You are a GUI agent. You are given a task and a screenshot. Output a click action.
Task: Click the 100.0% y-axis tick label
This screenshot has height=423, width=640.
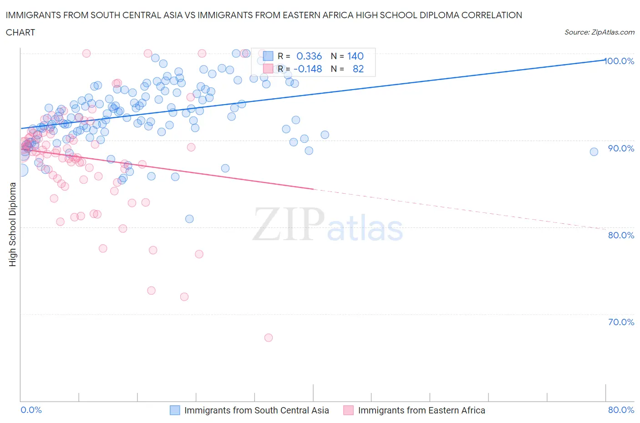tap(620, 61)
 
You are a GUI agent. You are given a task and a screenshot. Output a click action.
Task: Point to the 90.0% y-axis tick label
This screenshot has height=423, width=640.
tap(621, 148)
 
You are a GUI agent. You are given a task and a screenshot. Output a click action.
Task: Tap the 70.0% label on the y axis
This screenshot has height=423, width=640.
tap(621, 322)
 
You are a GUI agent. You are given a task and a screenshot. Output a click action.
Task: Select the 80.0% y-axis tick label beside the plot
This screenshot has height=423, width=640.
tap(621, 235)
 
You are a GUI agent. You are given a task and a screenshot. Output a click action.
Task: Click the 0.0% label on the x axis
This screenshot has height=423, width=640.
tap(31, 410)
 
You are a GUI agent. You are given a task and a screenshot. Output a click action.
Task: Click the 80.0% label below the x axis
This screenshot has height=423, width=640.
tap(621, 410)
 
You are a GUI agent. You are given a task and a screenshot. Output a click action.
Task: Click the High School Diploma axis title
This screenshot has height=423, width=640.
tap(13, 224)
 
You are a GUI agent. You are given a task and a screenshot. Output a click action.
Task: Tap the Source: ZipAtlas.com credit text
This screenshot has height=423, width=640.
tap(599, 32)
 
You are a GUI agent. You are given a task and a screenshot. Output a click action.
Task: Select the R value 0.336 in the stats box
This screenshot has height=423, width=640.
tap(309, 56)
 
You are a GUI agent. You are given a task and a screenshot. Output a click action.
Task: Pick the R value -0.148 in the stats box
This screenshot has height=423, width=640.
tap(308, 69)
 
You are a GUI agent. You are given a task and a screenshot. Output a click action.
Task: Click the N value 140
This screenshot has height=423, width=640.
tap(356, 56)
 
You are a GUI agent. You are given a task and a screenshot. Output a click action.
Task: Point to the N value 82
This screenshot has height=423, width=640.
tap(358, 69)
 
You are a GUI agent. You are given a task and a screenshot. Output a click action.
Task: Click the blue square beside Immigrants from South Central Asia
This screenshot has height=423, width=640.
tap(175, 410)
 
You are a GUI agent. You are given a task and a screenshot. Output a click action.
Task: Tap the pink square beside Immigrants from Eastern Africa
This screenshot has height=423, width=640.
tap(349, 410)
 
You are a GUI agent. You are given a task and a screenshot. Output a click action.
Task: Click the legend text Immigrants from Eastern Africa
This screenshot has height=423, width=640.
tap(422, 410)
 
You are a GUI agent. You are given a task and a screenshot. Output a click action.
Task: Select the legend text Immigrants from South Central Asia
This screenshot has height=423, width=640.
tap(256, 410)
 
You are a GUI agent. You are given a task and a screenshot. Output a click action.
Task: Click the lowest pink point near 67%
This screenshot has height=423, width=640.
tap(269, 337)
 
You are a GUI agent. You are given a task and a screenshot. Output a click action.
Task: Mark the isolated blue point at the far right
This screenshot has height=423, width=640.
tap(594, 152)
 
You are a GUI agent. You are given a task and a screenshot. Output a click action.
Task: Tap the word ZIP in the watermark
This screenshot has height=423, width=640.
tap(289, 224)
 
